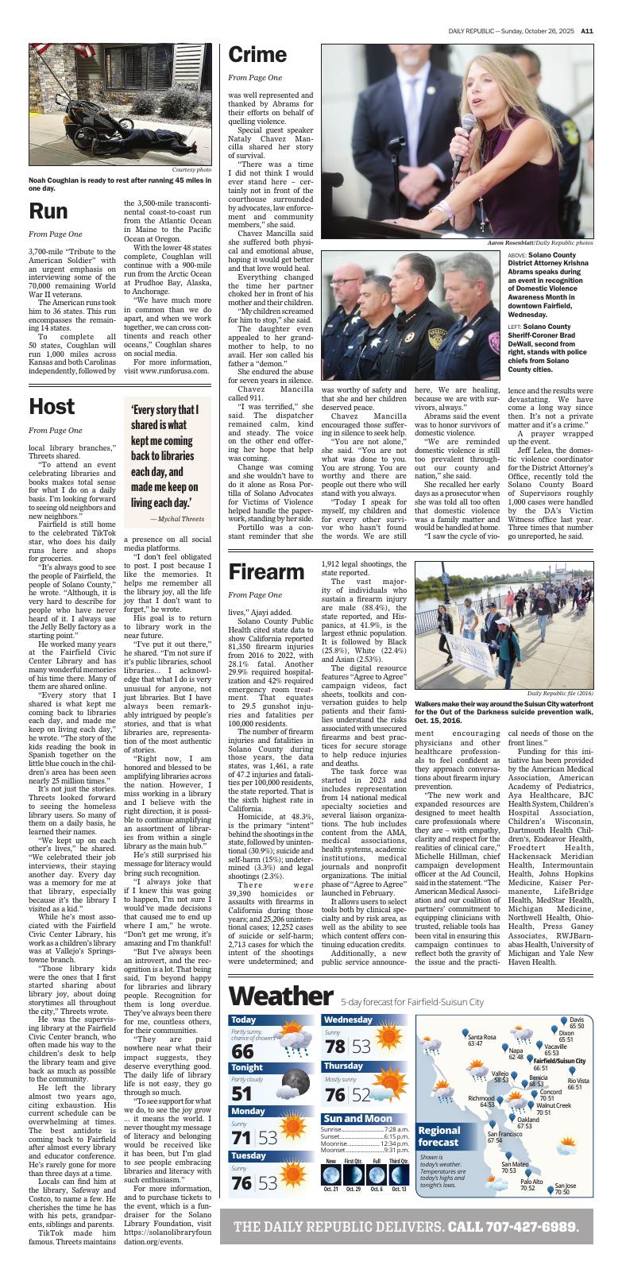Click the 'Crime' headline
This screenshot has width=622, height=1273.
[x=257, y=55]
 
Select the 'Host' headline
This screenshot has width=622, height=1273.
[x=52, y=406]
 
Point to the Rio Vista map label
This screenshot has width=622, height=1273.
[x=578, y=1083]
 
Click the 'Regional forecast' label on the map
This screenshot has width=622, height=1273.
[x=439, y=1136]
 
